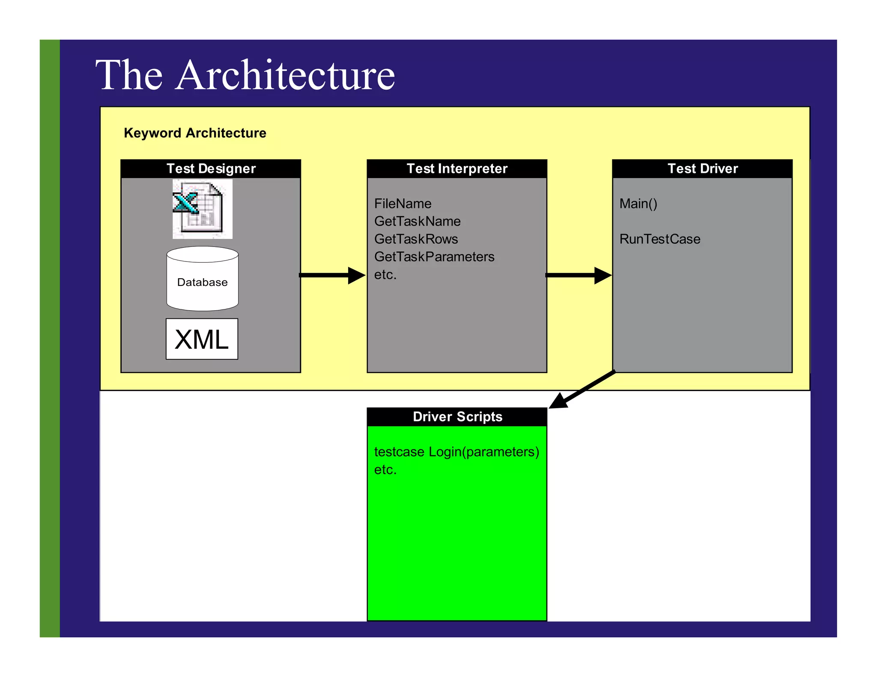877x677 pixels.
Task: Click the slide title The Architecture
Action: click(x=245, y=75)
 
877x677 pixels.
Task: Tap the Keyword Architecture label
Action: click(x=195, y=133)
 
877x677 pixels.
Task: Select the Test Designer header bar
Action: click(x=211, y=169)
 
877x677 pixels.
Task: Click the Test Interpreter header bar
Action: click(x=457, y=169)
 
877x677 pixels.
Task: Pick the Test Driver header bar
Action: click(x=702, y=169)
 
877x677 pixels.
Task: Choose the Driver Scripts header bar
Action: click(x=457, y=417)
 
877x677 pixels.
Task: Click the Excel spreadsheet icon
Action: click(x=202, y=209)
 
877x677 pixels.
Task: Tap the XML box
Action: click(x=202, y=339)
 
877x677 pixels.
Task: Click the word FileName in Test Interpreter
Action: click(x=403, y=204)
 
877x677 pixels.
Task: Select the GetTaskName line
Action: click(x=417, y=221)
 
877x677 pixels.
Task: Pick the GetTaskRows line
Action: click(x=416, y=239)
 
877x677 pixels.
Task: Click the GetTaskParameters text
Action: click(x=434, y=257)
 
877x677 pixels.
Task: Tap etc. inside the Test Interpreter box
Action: click(x=385, y=275)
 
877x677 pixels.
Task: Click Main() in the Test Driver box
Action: click(x=638, y=204)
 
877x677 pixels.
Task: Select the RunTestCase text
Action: click(x=659, y=239)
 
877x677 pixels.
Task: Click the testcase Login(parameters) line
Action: click(x=456, y=452)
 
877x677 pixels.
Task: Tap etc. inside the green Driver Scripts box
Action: click(x=385, y=470)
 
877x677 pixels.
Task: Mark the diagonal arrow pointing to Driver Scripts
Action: click(x=582, y=389)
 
